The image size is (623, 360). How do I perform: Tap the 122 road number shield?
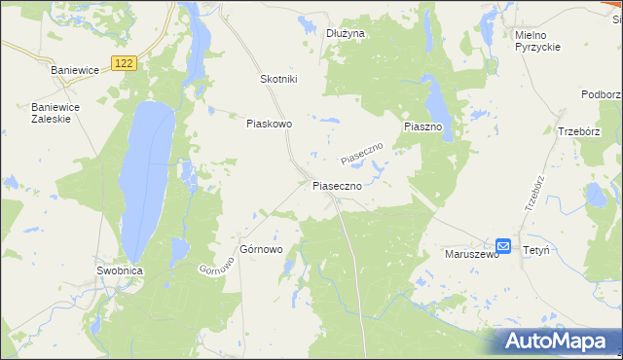click(x=123, y=63)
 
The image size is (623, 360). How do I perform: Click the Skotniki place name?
click(x=278, y=80)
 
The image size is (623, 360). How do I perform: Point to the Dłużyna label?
click(x=346, y=33)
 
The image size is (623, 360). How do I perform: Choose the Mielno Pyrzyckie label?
click(x=537, y=41)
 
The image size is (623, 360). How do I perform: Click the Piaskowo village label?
click(x=270, y=124)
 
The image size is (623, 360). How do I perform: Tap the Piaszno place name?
click(x=423, y=127)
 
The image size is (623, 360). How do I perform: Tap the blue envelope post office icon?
click(x=503, y=246)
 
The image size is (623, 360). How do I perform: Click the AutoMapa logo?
click(x=558, y=341)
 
